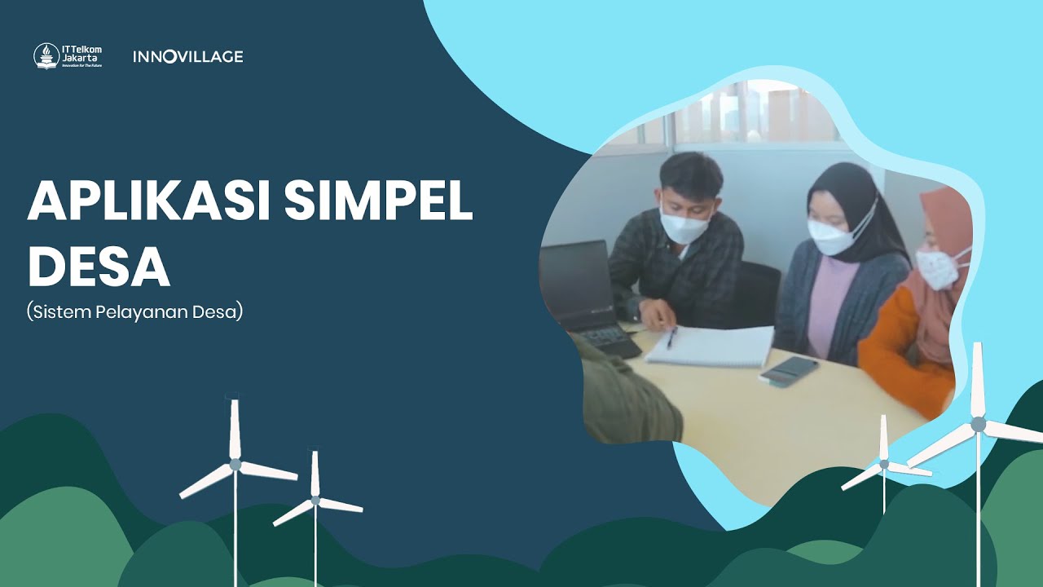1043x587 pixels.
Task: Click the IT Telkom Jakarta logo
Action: coord(68,56)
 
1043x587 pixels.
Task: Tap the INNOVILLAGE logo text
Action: coord(187,56)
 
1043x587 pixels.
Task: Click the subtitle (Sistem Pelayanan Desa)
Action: coord(134,312)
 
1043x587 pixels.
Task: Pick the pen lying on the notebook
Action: coord(671,338)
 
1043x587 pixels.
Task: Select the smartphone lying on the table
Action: coord(788,369)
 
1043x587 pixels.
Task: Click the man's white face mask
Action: coord(683,225)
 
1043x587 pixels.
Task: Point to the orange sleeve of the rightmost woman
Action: coord(892,342)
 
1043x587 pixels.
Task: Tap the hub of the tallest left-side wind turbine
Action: coord(235,464)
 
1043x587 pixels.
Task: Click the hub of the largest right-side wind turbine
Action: coord(978,424)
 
